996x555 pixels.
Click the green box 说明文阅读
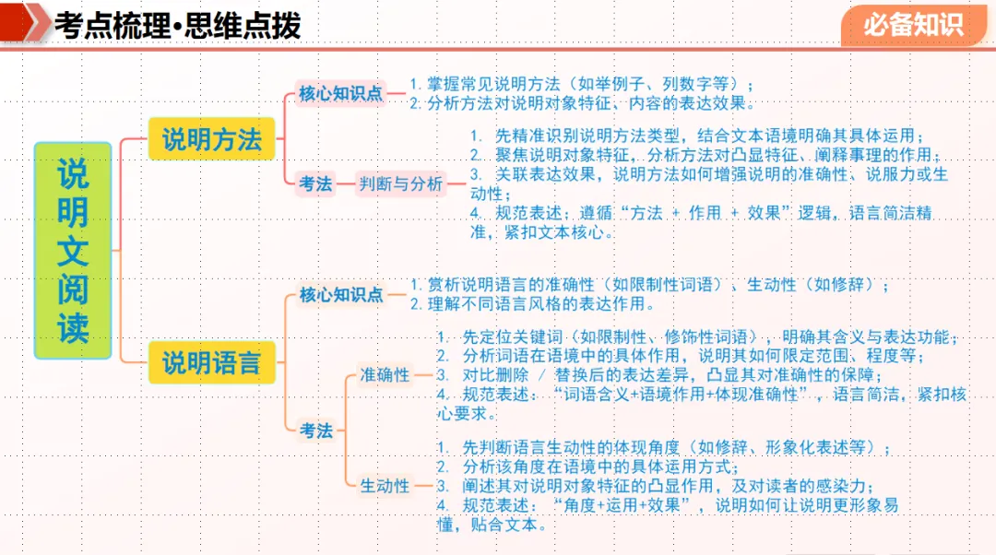[73, 250]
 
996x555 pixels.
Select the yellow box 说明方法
[212, 139]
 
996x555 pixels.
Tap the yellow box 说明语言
[212, 362]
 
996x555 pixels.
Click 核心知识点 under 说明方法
[340, 93]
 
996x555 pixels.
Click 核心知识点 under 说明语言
[340, 295]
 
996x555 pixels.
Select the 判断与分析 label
[400, 183]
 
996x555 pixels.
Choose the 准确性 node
[385, 374]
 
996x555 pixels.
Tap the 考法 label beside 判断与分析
[315, 183]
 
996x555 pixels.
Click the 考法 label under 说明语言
[315, 430]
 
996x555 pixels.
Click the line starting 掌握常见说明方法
[587, 84]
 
